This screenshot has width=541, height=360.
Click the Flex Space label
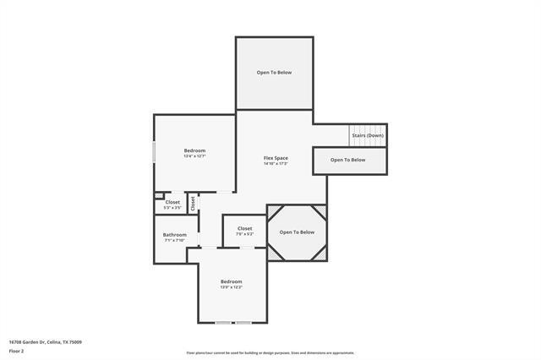tap(276, 158)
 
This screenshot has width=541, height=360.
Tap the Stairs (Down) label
tap(369, 135)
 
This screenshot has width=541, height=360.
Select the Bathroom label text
tap(175, 234)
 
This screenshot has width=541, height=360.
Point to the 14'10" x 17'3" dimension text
tap(276, 164)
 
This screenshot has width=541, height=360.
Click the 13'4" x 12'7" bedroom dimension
tap(194, 156)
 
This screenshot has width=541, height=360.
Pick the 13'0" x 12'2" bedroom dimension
tap(231, 287)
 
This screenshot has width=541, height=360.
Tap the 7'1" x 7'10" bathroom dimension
tap(175, 240)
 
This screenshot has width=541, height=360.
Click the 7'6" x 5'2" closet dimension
tap(244, 234)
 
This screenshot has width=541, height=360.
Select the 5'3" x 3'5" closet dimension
tap(172, 207)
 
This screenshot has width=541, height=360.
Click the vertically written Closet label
tap(193, 203)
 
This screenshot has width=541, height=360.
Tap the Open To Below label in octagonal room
tap(297, 232)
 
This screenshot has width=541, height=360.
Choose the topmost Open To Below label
tap(274, 73)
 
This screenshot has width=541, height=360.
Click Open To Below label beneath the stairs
tap(347, 160)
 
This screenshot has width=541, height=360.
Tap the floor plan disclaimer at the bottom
tap(270, 353)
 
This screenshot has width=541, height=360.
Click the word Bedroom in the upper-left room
tap(194, 150)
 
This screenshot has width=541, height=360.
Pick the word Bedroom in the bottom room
tap(231, 281)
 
